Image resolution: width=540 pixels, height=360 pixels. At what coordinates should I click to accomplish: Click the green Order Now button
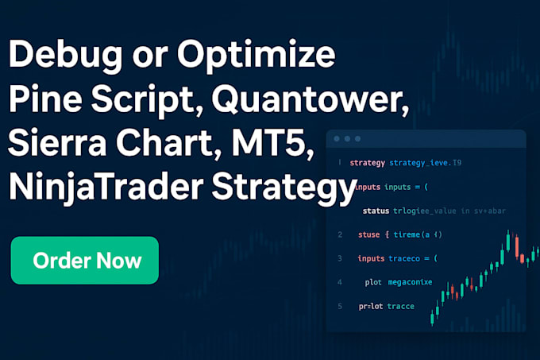(85, 260)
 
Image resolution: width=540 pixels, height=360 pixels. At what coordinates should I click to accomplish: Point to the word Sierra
(60, 147)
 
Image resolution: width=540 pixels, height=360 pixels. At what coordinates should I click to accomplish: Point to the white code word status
(376, 211)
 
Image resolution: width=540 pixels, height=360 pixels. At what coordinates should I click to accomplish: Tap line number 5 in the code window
(340, 306)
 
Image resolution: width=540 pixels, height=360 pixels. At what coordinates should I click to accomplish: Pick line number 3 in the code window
(340, 258)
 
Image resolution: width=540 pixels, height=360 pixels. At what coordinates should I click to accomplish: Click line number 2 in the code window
(340, 234)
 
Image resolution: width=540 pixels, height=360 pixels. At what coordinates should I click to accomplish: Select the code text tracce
(400, 306)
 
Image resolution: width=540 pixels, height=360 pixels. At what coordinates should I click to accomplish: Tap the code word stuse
(368, 234)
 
